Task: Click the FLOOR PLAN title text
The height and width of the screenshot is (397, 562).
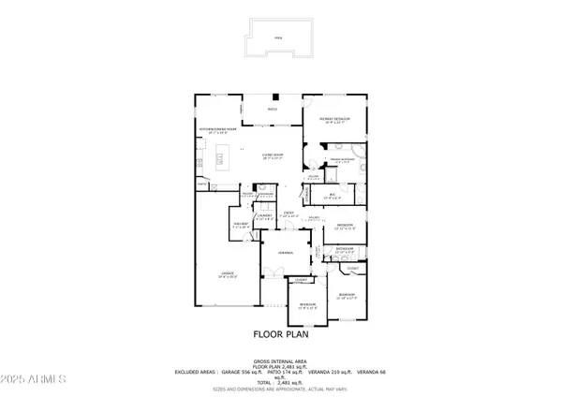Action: click(281, 333)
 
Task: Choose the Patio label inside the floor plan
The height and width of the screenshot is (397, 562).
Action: click(274, 110)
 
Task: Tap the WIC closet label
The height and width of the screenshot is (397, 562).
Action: click(330, 197)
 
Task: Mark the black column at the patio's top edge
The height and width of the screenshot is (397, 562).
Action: click(274, 97)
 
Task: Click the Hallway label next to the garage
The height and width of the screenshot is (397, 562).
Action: click(240, 226)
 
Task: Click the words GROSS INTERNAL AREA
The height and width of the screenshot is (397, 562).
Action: click(281, 360)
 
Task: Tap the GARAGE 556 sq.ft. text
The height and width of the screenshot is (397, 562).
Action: click(245, 372)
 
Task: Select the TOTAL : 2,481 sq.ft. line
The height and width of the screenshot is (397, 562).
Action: click(281, 384)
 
